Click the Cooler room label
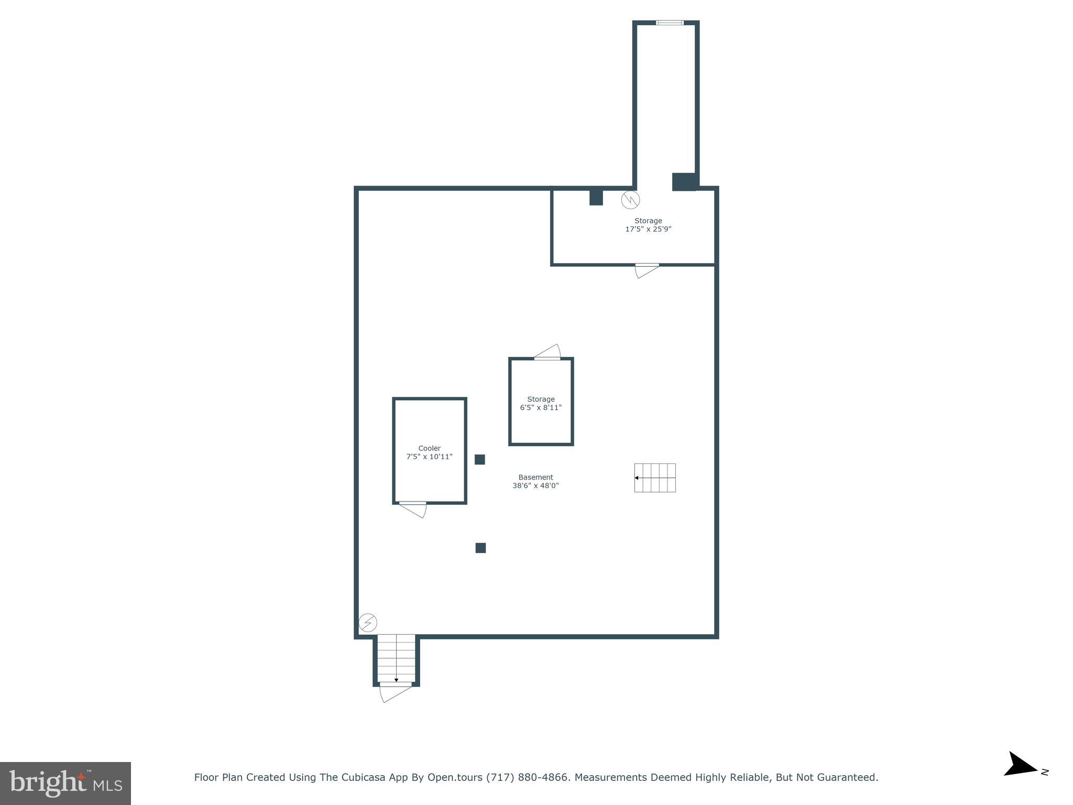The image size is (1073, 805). pyautogui.click(x=429, y=448)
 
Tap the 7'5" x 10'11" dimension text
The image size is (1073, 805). pyautogui.click(x=429, y=456)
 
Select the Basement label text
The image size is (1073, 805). pyautogui.click(x=535, y=477)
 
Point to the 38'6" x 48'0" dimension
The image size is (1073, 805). pyautogui.click(x=535, y=485)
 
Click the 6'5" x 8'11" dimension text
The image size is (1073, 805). pyautogui.click(x=541, y=407)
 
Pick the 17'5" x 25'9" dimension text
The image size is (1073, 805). pyautogui.click(x=648, y=229)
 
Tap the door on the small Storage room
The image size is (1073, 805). pyautogui.click(x=548, y=352)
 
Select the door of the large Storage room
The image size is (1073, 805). pyautogui.click(x=647, y=270)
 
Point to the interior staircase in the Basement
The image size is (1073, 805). pyautogui.click(x=655, y=477)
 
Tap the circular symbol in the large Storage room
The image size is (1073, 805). pyautogui.click(x=630, y=200)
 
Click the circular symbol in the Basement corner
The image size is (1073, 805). pyautogui.click(x=368, y=623)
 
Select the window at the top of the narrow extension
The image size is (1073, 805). pyautogui.click(x=670, y=23)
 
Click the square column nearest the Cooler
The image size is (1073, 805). pyautogui.click(x=479, y=459)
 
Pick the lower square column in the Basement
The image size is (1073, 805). pyautogui.click(x=480, y=548)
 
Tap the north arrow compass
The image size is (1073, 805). pyautogui.click(x=1022, y=779)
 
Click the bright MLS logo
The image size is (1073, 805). pyautogui.click(x=65, y=783)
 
